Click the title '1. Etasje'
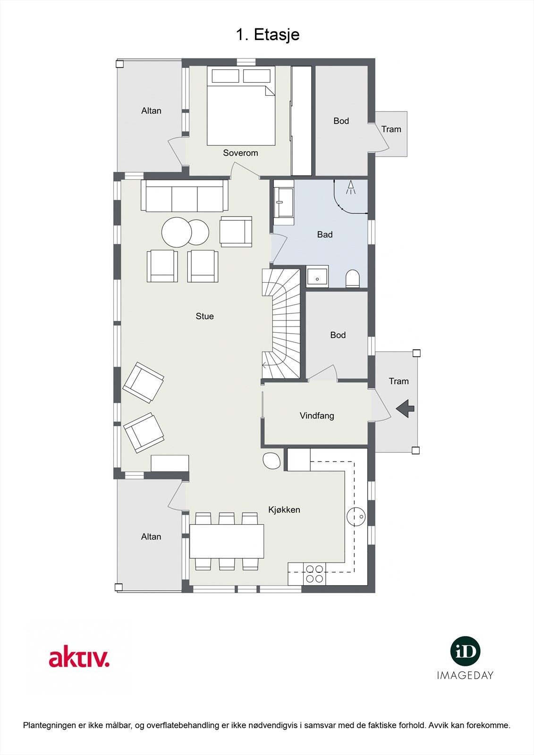(267, 34)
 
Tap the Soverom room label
(240, 153)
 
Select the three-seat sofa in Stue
(184, 196)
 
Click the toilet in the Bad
(353, 279)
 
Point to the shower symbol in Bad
(350, 188)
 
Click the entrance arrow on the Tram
(405, 409)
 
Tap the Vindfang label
(317, 416)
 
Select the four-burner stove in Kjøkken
(314, 573)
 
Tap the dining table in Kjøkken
(227, 541)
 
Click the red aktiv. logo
(79, 658)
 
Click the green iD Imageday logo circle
(465, 651)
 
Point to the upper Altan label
(151, 111)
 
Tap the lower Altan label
(151, 537)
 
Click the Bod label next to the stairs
(338, 335)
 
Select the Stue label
(204, 316)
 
